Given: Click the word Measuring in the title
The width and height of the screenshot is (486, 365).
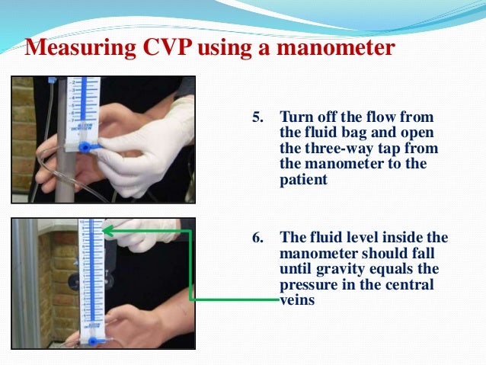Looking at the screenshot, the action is tap(80, 47).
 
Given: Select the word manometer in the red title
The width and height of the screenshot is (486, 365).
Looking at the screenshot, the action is tap(336, 47).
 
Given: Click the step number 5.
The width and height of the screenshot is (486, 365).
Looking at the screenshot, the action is tap(258, 117).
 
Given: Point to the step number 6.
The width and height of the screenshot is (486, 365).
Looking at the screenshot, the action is tap(258, 238).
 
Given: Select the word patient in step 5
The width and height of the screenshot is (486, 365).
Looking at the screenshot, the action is tap(303, 179).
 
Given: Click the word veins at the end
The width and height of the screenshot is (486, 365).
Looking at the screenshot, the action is tap(297, 300).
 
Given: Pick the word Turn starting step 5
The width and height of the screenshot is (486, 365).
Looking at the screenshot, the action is tap(296, 117).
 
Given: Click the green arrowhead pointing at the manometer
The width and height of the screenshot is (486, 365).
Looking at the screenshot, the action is tap(107, 230).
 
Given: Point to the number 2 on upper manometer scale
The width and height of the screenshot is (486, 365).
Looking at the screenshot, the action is tap(73, 82).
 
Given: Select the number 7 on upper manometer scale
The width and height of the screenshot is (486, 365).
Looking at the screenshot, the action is tap(73, 120).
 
